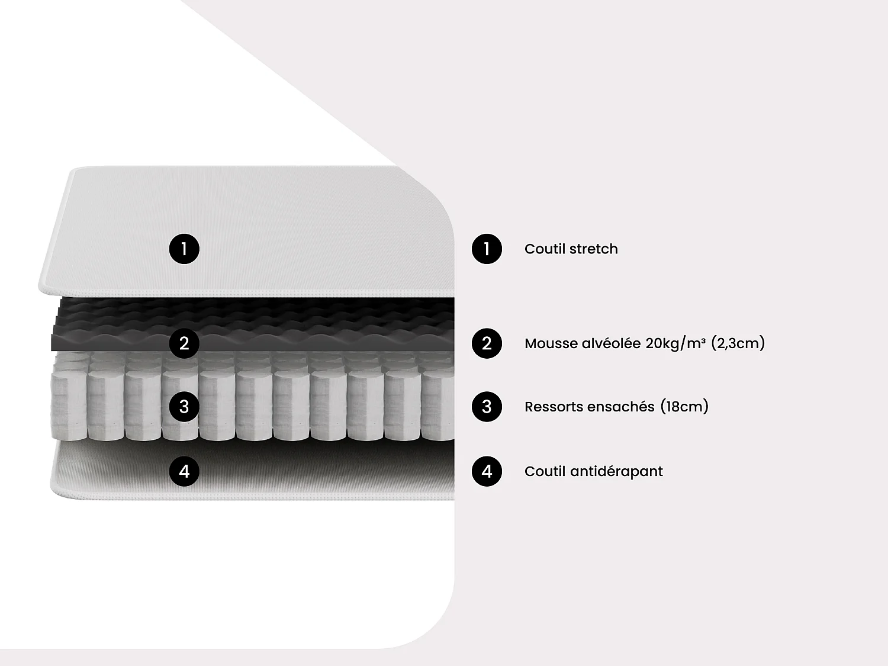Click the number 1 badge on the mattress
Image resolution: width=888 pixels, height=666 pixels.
pyautogui.click(x=184, y=249)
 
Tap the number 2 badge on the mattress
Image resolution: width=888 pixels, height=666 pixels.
pyautogui.click(x=184, y=343)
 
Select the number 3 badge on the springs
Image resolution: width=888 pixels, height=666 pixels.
pyautogui.click(x=184, y=406)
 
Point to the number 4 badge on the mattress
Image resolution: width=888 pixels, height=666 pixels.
pyautogui.click(x=184, y=471)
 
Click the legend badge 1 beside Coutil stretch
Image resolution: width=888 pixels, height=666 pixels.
pyautogui.click(x=487, y=249)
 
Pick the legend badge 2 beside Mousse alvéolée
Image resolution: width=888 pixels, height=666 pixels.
pyautogui.click(x=487, y=343)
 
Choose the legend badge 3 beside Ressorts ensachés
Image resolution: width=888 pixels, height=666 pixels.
pyautogui.click(x=487, y=406)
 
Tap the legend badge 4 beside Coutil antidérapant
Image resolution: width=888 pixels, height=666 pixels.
pyautogui.click(x=487, y=471)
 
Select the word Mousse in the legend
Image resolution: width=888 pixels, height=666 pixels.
pyautogui.click(x=551, y=344)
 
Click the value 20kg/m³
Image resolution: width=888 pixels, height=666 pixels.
pyautogui.click(x=675, y=343)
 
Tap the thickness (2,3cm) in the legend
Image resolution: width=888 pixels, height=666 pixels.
pyautogui.click(x=738, y=343)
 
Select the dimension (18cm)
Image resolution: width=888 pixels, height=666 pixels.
pyautogui.click(x=684, y=406)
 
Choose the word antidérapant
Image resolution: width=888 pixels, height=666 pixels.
pyautogui.click(x=616, y=471)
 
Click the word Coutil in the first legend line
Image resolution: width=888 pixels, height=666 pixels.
pyautogui.click(x=545, y=249)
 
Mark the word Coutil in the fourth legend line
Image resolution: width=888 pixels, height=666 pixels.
pyautogui.click(x=545, y=471)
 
